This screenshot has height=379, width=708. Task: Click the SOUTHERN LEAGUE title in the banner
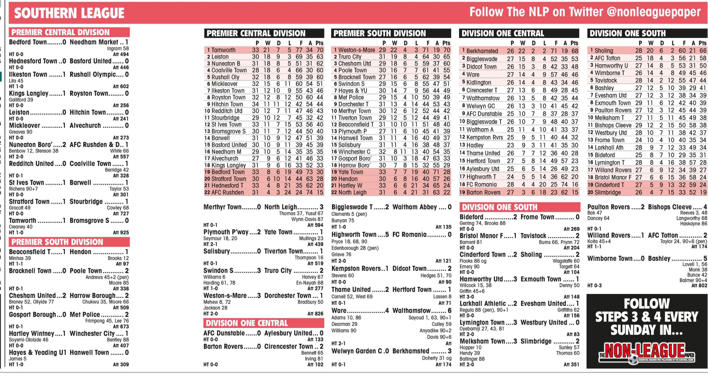coord(69,13)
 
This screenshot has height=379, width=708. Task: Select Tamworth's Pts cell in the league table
coord(320,50)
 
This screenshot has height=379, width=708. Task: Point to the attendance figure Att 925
coord(121,233)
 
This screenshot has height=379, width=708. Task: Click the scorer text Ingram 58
coord(118,48)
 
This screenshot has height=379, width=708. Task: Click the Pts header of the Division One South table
coord(702,43)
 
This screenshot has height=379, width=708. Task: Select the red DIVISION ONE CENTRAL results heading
coord(247,323)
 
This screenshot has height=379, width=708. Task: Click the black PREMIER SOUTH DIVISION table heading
coord(379,33)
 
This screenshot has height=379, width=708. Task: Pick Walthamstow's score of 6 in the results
coord(449,311)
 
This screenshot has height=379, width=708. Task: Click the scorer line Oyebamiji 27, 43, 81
coord(481,329)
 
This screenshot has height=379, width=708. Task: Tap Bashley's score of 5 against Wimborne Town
coord(705,259)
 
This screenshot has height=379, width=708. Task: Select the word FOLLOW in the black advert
coord(647,304)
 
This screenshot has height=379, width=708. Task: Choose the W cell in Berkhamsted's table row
coord(522,51)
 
